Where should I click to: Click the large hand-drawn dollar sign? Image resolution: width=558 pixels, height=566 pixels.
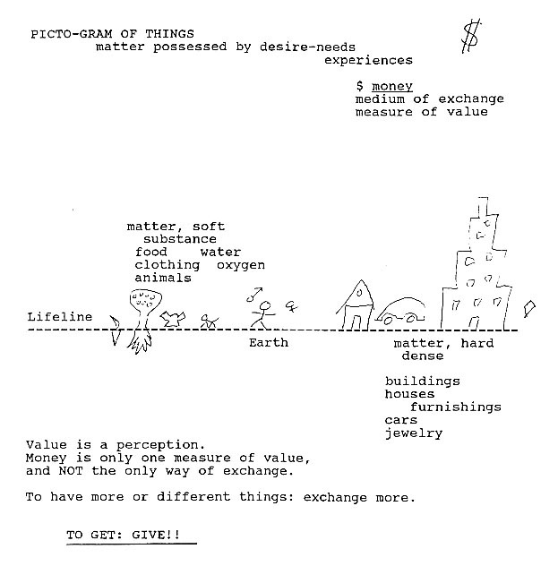coord(471,37)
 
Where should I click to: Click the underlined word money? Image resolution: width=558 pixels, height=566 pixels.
coord(392,87)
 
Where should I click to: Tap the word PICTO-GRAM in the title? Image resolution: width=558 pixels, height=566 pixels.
coord(72,34)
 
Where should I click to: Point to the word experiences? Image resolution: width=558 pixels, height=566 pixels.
coord(368,60)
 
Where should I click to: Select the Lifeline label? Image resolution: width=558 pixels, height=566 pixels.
coord(60,317)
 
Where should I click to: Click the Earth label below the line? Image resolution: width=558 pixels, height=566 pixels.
coord(269,343)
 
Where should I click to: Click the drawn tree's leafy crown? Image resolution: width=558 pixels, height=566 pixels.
coord(145,299)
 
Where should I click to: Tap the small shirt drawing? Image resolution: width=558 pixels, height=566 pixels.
coord(173,319)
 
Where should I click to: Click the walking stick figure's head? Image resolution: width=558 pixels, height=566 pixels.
coord(266,306)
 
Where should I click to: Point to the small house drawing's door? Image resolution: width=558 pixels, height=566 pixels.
coord(356,322)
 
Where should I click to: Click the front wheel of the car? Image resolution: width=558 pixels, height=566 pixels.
coord(389,321)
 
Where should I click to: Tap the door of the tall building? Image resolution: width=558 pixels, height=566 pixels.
coord(473,323)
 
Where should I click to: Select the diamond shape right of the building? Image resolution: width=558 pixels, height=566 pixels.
coord(529,309)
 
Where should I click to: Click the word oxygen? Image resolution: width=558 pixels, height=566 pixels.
coord(241,265)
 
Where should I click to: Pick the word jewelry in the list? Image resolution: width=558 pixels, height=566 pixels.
coord(414,433)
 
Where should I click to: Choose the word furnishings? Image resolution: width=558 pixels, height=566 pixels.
coord(456,407)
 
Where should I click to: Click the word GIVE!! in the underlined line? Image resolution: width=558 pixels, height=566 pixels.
coord(156,535)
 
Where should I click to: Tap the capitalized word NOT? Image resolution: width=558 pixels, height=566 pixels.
coord(71,471)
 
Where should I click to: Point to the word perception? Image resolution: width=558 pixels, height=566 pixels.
coord(160,445)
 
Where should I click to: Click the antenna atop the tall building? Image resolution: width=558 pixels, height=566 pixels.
coord(483,207)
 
